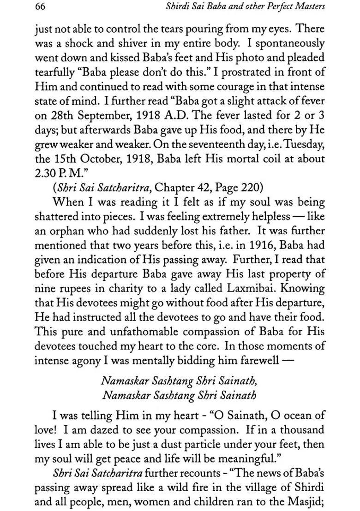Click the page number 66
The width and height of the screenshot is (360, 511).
click(40, 7)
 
